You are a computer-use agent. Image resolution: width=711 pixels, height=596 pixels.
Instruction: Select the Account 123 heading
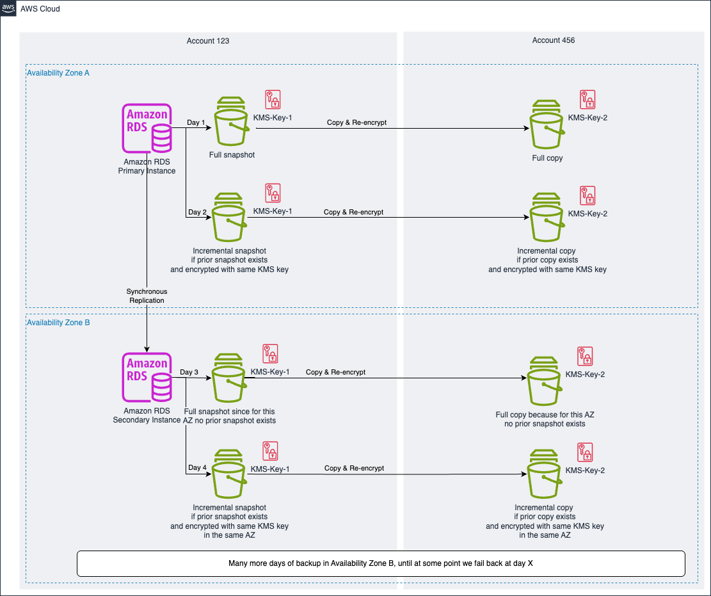click(x=208, y=41)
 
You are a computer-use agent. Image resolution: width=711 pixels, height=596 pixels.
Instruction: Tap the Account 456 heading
click(x=554, y=40)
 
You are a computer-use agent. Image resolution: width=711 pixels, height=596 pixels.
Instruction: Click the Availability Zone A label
click(x=58, y=74)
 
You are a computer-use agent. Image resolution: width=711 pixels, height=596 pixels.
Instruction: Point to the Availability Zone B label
click(x=58, y=323)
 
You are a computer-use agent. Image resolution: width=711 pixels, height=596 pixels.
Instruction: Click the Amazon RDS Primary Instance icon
click(x=147, y=128)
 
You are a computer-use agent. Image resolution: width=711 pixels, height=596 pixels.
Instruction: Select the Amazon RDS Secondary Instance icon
click(x=147, y=376)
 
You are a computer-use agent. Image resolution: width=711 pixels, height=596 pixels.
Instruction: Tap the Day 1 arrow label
click(x=196, y=122)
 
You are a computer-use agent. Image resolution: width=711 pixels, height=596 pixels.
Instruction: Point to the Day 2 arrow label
click(x=197, y=212)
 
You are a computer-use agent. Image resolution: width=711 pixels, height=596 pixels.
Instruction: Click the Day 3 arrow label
click(x=189, y=372)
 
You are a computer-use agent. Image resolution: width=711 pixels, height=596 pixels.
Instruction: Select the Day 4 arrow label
click(x=197, y=467)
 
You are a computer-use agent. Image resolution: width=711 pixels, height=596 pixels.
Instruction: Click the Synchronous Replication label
click(x=147, y=296)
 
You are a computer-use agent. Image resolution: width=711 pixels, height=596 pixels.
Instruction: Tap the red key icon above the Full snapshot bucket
click(x=273, y=99)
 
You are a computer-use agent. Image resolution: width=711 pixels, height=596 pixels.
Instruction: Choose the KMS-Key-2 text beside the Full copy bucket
click(x=587, y=118)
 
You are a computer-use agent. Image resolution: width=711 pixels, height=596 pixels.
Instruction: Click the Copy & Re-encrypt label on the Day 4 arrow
click(x=354, y=468)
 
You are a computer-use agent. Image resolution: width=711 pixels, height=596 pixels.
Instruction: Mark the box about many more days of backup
click(x=381, y=563)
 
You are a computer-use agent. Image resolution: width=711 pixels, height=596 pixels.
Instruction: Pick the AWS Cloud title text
click(x=41, y=9)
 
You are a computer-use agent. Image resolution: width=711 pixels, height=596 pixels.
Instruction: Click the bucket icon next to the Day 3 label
click(x=229, y=372)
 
